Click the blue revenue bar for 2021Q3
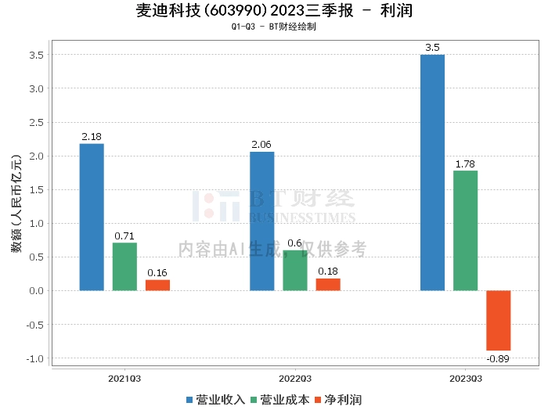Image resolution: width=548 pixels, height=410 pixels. (x=92, y=217)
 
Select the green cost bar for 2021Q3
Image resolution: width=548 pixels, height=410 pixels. (x=124, y=267)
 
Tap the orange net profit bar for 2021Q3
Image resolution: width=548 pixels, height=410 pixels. (x=157, y=285)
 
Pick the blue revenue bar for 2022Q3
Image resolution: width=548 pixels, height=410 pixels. (x=262, y=221)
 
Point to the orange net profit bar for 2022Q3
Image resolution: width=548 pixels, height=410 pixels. (x=328, y=284)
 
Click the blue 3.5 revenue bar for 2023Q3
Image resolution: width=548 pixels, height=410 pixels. (x=433, y=172)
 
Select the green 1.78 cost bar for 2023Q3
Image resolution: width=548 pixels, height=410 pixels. (x=466, y=231)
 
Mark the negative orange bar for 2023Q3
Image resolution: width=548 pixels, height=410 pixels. (x=499, y=320)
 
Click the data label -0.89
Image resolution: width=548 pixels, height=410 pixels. (x=498, y=358)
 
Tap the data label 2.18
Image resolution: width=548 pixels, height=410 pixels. (x=92, y=137)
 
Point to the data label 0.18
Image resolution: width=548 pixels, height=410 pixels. (x=328, y=272)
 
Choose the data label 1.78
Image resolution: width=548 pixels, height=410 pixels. (x=465, y=164)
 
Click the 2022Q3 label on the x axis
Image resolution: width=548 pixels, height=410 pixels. (x=295, y=379)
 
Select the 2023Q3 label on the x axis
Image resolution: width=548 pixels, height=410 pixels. (x=466, y=379)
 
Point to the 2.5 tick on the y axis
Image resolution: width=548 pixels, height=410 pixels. (x=36, y=123)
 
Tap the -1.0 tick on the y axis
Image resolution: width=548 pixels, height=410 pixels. (x=35, y=358)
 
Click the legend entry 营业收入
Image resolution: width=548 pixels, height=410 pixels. (x=215, y=400)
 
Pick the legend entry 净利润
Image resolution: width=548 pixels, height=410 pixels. (x=338, y=400)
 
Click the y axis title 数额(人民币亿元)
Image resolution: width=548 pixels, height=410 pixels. (x=16, y=203)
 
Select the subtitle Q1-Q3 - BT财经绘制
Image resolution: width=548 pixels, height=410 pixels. (x=274, y=27)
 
